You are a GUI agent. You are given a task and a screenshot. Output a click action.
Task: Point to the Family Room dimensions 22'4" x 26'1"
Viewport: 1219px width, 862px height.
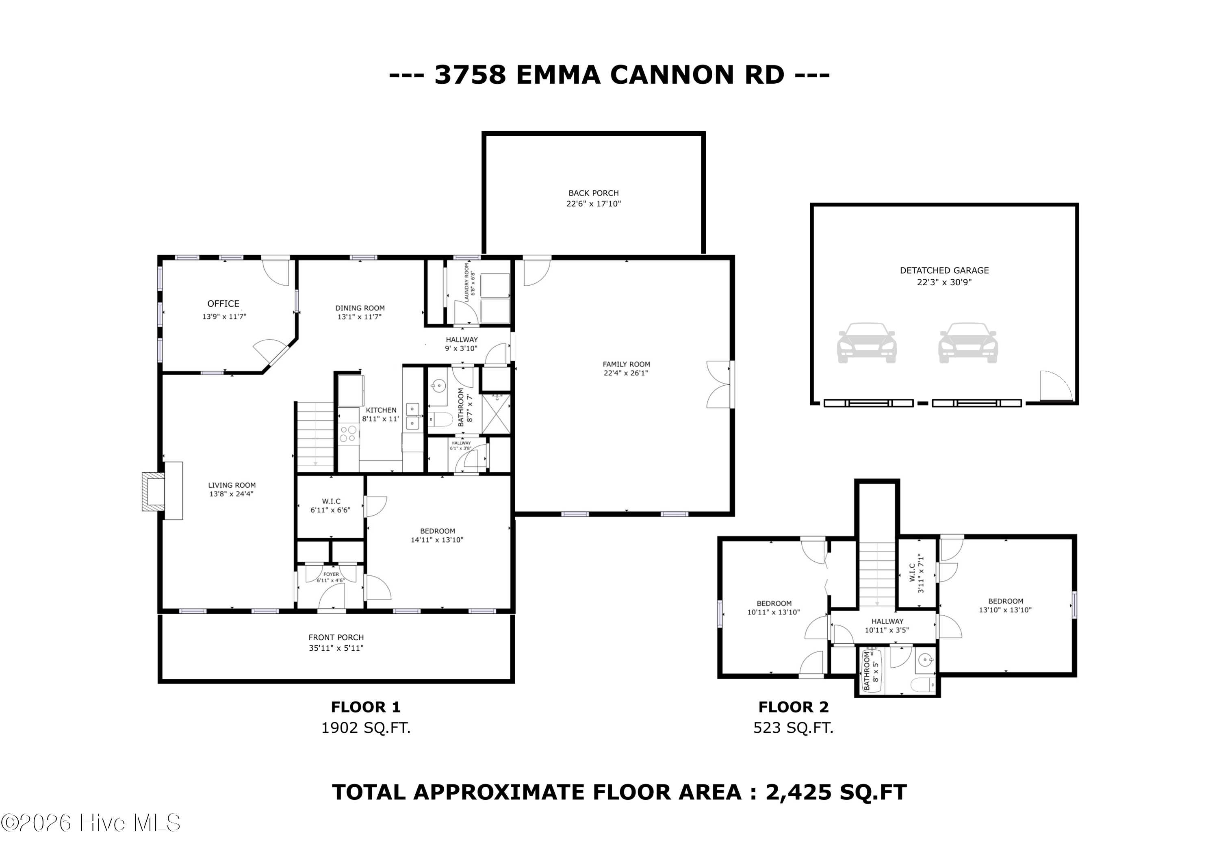[x=626, y=373]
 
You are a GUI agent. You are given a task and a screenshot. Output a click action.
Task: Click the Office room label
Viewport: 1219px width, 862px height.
[x=223, y=304]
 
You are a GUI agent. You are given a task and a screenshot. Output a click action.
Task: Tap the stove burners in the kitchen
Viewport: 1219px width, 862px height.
[x=348, y=434]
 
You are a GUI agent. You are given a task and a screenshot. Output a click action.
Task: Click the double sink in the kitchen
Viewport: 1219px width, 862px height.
[x=413, y=416]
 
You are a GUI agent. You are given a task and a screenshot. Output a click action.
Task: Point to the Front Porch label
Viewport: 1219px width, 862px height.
[x=336, y=637]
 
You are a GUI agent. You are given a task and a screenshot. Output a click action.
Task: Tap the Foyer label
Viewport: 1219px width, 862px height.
[x=331, y=575]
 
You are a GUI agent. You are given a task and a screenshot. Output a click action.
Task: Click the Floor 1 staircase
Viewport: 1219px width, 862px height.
[x=315, y=436]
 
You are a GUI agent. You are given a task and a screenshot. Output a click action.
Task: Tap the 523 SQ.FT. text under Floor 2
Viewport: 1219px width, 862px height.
[x=793, y=727]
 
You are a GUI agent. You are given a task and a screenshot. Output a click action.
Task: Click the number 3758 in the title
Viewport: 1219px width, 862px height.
[x=470, y=74]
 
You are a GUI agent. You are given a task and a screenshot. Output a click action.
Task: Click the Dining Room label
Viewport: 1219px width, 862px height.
[x=360, y=308]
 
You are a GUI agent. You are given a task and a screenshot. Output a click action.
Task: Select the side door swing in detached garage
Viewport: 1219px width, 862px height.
[x=1054, y=386]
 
